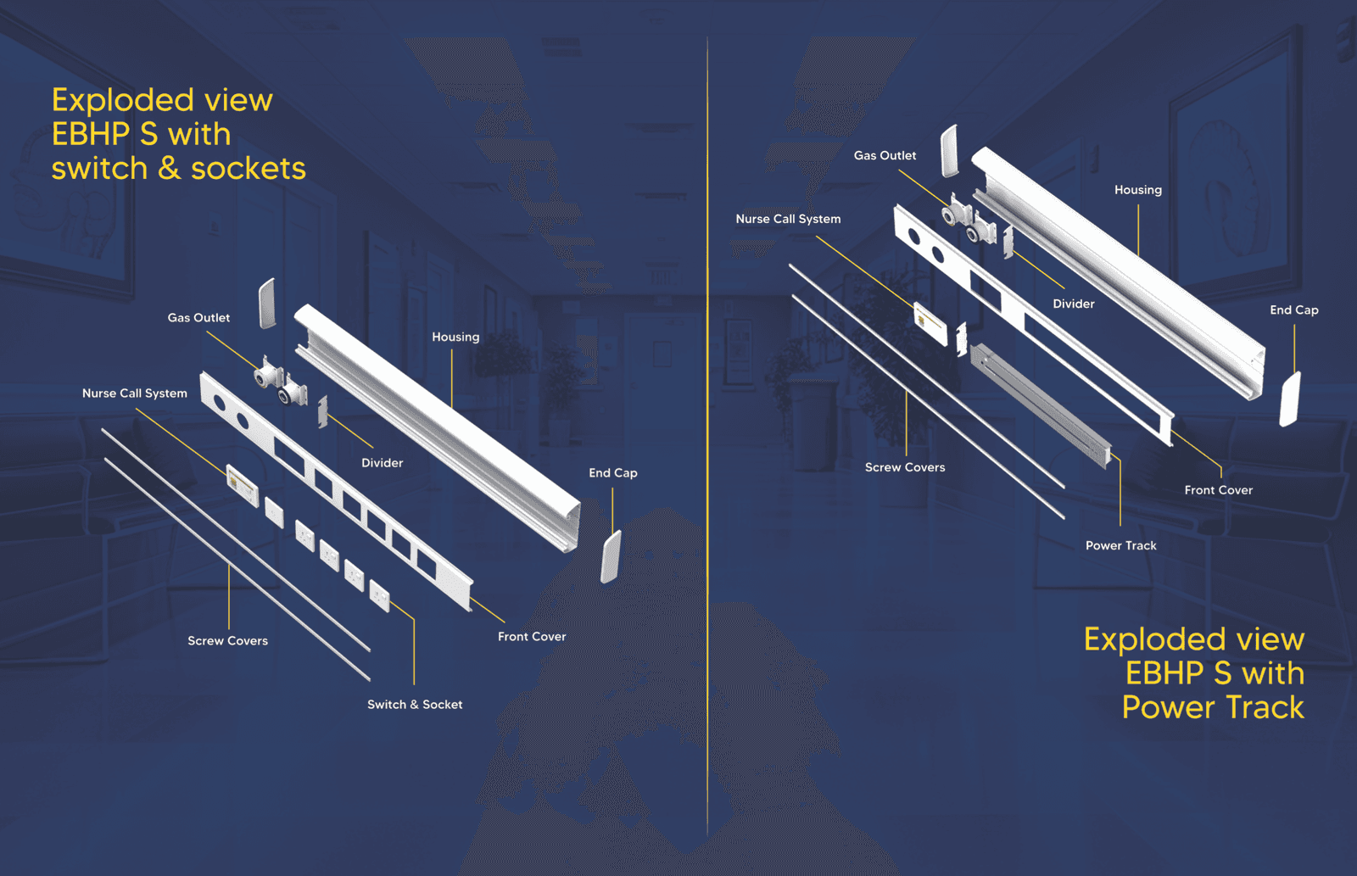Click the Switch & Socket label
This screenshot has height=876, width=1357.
pos(415,705)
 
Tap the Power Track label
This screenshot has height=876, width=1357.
pos(1120,546)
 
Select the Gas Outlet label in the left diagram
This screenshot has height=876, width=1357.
pos(198,318)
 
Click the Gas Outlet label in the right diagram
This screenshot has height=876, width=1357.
pos(885,156)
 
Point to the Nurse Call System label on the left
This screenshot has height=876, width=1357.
pos(134,393)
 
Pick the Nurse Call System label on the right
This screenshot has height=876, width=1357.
pos(788,219)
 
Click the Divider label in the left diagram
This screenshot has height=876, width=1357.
pos(382,463)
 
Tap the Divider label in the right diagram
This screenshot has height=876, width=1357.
pos(1073,304)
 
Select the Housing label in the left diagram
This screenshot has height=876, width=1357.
pos(455,338)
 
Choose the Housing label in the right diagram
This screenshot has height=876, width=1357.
pos(1137,190)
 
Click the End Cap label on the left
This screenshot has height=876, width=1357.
pos(612,473)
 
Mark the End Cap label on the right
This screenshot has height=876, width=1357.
pos(1293,310)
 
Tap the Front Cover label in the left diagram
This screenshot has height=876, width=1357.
pos(531,637)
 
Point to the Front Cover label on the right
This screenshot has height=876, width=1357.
pos(1218,490)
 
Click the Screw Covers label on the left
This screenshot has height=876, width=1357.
pos(227,641)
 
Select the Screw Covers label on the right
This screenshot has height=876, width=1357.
pos(904,467)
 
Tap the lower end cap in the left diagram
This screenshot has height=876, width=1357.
pos(611,557)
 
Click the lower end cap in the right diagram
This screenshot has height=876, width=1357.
pos(1289,399)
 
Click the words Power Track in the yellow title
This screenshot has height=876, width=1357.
pos(1212,707)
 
